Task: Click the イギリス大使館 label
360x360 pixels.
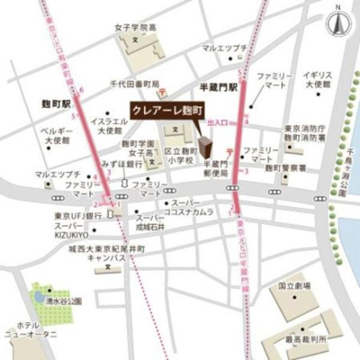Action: (319, 80)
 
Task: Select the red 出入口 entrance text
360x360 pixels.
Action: (217, 122)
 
